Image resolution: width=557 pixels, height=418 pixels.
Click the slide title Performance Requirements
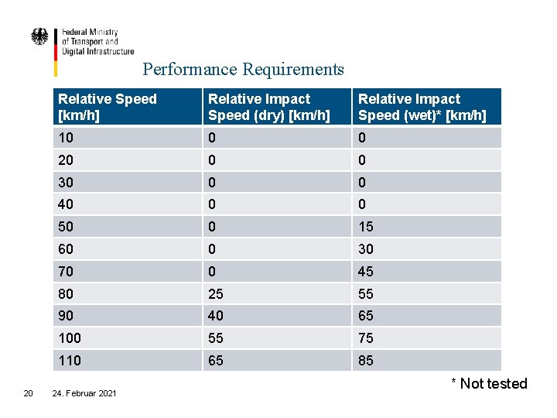pos(243,70)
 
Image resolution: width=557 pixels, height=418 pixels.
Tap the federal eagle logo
pos(39,37)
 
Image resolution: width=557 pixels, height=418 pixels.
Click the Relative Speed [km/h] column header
pos(108,107)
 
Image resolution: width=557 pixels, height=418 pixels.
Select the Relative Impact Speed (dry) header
pos(268,107)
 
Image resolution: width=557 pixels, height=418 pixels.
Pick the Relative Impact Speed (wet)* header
pos(422,107)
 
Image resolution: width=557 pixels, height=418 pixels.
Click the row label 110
pos(70,361)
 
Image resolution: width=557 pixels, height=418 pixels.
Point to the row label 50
pos(67,226)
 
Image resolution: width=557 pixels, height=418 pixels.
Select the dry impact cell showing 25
pos(217,294)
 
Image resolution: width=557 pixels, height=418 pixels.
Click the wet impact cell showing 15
pos(366,226)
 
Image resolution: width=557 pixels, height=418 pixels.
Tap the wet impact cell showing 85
pos(366,361)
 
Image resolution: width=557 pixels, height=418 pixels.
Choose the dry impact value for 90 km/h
pos(217,316)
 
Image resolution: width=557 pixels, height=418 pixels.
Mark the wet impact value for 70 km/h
pos(366,271)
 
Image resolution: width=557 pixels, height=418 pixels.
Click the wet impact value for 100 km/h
pos(366,338)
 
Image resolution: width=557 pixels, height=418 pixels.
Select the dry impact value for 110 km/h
pos(217,361)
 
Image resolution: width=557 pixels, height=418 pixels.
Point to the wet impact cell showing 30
pos(366,248)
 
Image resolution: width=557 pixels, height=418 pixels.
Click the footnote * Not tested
pos(489,384)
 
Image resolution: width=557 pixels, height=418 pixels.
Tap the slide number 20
pos(28,393)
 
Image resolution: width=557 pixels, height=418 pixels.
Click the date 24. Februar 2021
pos(84,394)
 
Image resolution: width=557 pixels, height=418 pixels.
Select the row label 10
pos(67,138)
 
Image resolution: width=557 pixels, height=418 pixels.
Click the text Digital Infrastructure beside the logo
pos(97,52)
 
